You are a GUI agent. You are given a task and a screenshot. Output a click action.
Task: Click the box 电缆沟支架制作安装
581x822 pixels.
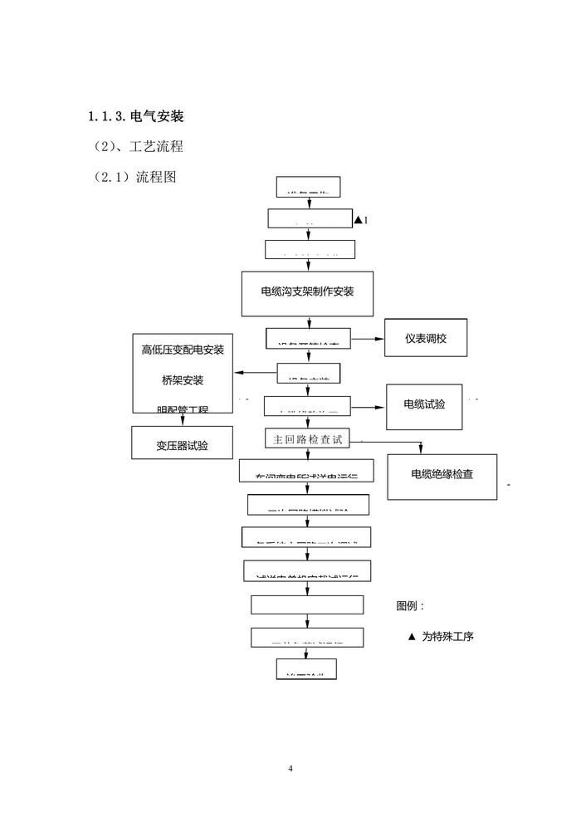coord(307,293)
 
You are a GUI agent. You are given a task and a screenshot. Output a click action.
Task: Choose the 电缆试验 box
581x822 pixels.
coord(424,404)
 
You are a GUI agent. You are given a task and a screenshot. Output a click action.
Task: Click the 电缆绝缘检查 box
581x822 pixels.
coord(442,475)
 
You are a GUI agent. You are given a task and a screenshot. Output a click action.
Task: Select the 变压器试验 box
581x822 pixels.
coord(182,444)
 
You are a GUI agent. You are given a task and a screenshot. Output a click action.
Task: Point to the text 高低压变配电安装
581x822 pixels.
coord(183,350)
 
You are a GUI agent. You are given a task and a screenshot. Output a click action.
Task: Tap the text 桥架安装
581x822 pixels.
coord(183,380)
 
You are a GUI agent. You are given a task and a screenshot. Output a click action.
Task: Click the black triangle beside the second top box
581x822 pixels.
coord(358,220)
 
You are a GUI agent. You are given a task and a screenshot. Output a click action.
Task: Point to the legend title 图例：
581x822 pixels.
coord(410,606)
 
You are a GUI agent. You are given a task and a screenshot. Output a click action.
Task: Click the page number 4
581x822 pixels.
coord(290,768)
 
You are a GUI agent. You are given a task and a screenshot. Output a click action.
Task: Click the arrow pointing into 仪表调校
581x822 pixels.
coord(378,339)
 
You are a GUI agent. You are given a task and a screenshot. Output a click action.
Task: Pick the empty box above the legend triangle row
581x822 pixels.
coord(307,604)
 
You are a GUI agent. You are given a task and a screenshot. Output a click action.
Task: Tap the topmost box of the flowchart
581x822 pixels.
coord(307,187)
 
